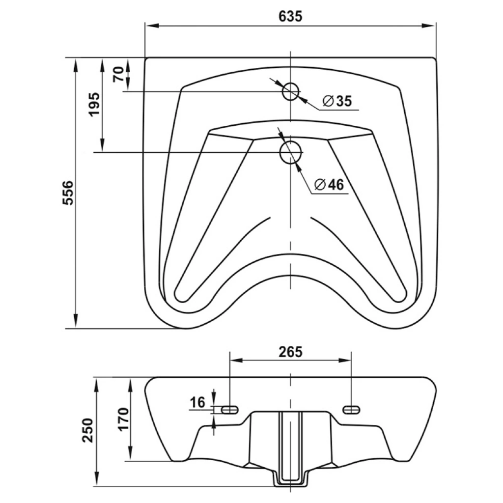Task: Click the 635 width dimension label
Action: pos(290,16)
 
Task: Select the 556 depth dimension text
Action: pos(68,193)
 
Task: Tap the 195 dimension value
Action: pos(95,105)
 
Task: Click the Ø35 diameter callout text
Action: pos(337,101)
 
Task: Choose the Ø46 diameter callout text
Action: pos(329,185)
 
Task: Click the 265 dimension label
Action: pos(290,352)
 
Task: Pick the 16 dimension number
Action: pos(197,402)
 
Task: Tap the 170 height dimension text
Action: pos(124,419)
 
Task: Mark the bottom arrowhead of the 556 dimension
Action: pos(76,321)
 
